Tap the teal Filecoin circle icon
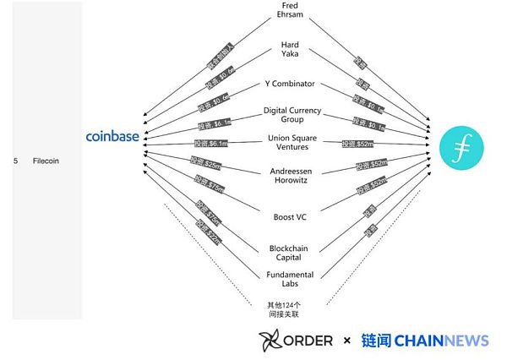(x=461, y=144)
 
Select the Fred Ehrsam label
(x=289, y=12)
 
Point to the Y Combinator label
(x=289, y=85)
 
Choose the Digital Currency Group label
(x=289, y=115)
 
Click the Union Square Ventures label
(x=289, y=141)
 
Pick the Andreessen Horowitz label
(x=289, y=175)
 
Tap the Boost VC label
(x=289, y=216)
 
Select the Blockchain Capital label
(x=289, y=253)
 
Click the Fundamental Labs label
(x=289, y=279)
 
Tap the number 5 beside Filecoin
(x=16, y=159)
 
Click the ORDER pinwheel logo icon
(x=270, y=340)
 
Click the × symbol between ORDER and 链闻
(x=346, y=341)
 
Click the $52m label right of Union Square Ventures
(x=360, y=144)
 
